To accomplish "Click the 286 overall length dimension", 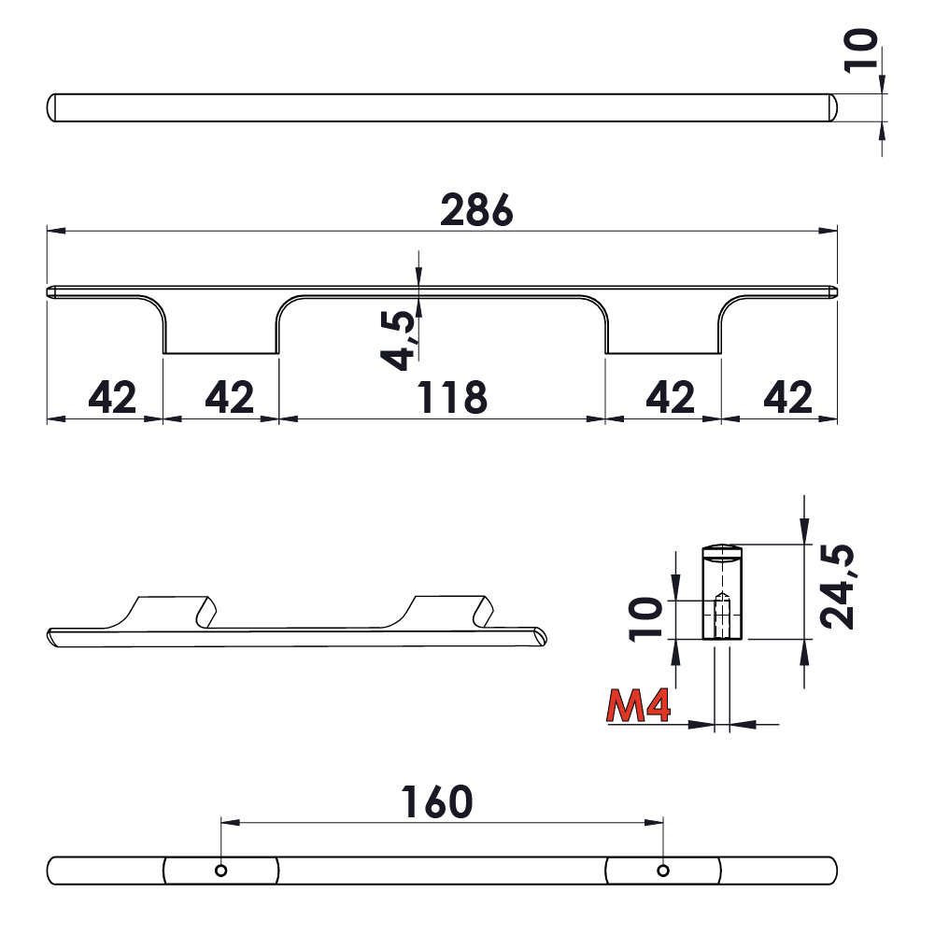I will pyautogui.click(x=476, y=211).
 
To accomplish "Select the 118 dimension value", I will pyautogui.click(x=452, y=399).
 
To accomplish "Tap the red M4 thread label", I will pyautogui.click(x=639, y=707).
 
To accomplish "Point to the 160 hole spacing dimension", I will pyautogui.click(x=436, y=802).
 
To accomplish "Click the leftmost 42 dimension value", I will pyautogui.click(x=112, y=399).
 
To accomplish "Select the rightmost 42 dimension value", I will pyautogui.click(x=788, y=399).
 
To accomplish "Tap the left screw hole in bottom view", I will pyautogui.click(x=220, y=871).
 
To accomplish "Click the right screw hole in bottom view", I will pyautogui.click(x=662, y=871).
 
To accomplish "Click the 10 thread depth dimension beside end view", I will pyautogui.click(x=646, y=619).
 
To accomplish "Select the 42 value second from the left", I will pyautogui.click(x=229, y=399).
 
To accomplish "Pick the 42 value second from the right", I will pyautogui.click(x=671, y=399).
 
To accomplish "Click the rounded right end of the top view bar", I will pyautogui.click(x=829, y=107).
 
